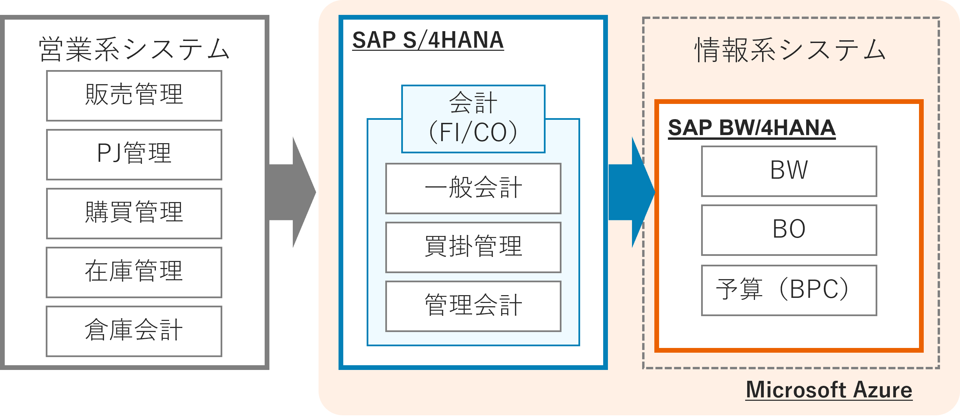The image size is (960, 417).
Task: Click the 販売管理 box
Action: (x=134, y=96)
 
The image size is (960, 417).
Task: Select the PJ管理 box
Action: (x=134, y=154)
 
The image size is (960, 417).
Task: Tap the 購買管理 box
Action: (x=134, y=213)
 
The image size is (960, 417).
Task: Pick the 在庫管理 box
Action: (x=134, y=272)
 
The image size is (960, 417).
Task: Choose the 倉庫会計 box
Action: (x=134, y=331)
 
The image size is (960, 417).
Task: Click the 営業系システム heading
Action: (x=134, y=49)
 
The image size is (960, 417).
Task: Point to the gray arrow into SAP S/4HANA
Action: (x=292, y=192)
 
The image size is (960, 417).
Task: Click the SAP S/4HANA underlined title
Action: (x=428, y=40)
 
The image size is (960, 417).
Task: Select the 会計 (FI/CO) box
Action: (x=473, y=118)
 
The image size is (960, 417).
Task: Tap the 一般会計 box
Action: (x=473, y=189)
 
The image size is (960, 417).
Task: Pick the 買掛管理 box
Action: (x=473, y=247)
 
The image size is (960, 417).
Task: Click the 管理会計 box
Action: (x=473, y=306)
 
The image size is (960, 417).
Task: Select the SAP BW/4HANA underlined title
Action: (x=751, y=128)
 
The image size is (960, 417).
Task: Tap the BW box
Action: (x=789, y=171)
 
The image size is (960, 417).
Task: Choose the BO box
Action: (x=789, y=230)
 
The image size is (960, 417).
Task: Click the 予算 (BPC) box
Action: (x=789, y=290)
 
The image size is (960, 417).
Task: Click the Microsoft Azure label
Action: (x=829, y=390)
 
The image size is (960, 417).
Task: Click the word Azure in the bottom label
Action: (x=882, y=390)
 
